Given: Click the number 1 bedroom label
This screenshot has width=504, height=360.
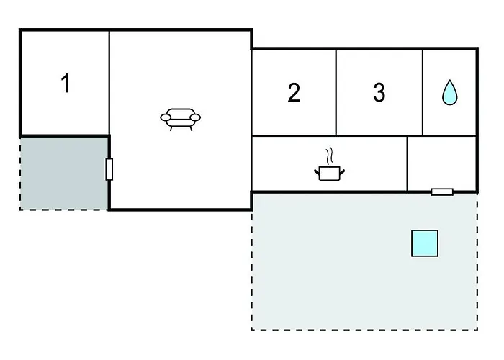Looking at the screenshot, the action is [x=66, y=84].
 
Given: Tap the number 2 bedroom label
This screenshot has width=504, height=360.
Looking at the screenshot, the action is [x=294, y=93].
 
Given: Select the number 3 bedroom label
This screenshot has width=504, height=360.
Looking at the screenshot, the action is [x=379, y=93].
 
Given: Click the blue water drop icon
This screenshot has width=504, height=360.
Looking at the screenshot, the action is [x=449, y=92].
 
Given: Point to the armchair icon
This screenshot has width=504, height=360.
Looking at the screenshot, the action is [x=180, y=120].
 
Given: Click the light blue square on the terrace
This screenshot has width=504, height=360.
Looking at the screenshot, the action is [x=425, y=243].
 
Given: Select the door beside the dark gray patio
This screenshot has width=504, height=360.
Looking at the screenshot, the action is [x=109, y=169].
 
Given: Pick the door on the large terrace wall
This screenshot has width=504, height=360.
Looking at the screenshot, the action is [x=442, y=192].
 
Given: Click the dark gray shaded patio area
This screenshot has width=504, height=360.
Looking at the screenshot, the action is [x=63, y=174].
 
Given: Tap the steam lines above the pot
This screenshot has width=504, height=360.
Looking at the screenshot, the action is [x=329, y=156].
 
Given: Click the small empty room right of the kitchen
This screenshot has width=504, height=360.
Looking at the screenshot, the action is [x=441, y=163].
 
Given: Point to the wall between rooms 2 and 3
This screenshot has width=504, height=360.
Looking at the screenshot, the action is [x=336, y=93].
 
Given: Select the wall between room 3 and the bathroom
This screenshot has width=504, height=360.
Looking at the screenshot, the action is [x=423, y=93].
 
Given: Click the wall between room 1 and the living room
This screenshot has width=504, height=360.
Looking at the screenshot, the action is [x=109, y=83].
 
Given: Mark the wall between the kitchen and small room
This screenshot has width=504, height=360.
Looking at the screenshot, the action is [x=408, y=163].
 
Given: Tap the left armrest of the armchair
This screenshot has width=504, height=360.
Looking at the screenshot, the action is [x=166, y=117].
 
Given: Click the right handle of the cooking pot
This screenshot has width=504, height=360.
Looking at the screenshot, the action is [x=342, y=172].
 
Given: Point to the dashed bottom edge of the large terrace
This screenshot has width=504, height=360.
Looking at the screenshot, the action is [x=364, y=330].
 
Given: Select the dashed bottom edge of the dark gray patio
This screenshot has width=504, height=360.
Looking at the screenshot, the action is [x=63, y=210].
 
